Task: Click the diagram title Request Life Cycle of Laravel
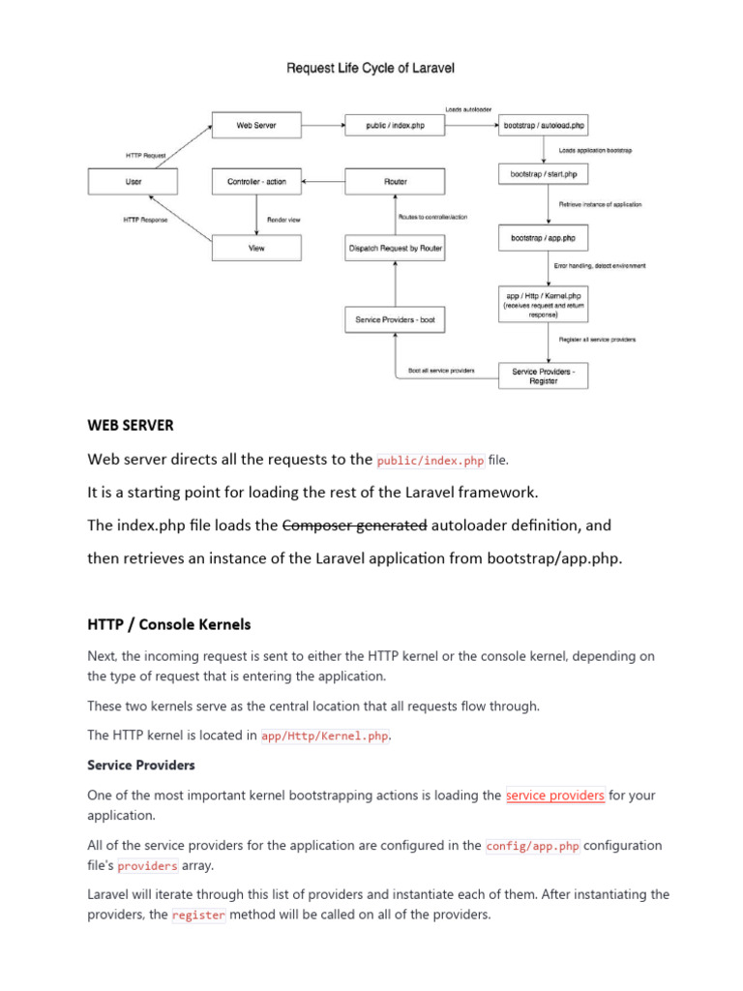point(371,68)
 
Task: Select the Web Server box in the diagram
point(256,125)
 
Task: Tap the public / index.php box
point(395,125)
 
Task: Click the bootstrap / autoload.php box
point(544,125)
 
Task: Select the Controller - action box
point(256,181)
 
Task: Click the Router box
point(395,181)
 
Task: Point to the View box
point(256,248)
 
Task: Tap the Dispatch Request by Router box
point(395,248)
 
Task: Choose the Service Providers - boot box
point(395,319)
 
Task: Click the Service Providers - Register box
point(543,375)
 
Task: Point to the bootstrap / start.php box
point(543,174)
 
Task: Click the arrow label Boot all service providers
point(441,371)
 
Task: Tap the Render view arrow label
point(283,220)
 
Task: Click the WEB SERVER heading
point(132,425)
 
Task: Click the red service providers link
point(555,796)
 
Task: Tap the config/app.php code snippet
point(533,845)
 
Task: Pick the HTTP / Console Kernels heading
point(169,624)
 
